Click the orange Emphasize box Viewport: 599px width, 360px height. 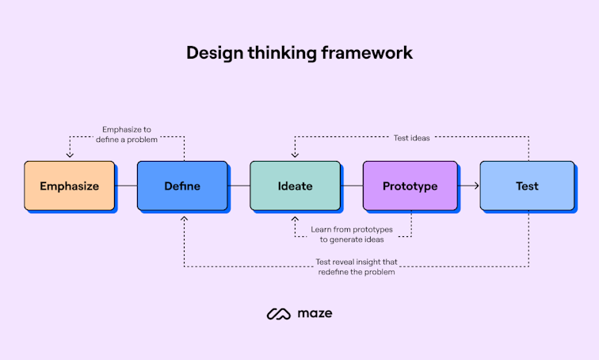pos(70,186)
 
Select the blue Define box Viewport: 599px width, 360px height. pos(182,186)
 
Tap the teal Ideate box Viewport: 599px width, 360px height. pos(295,186)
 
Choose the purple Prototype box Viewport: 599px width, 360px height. pos(410,186)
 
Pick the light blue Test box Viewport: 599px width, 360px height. pos(527,186)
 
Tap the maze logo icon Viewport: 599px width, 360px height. pos(280,313)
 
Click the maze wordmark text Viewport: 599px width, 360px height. pos(316,313)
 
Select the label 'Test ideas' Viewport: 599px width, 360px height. pos(412,137)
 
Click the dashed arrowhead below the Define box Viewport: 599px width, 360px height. pos(183,218)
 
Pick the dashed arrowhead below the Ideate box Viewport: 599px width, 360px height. pos(295,218)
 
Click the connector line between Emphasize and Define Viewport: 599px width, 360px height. pos(126,186)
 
